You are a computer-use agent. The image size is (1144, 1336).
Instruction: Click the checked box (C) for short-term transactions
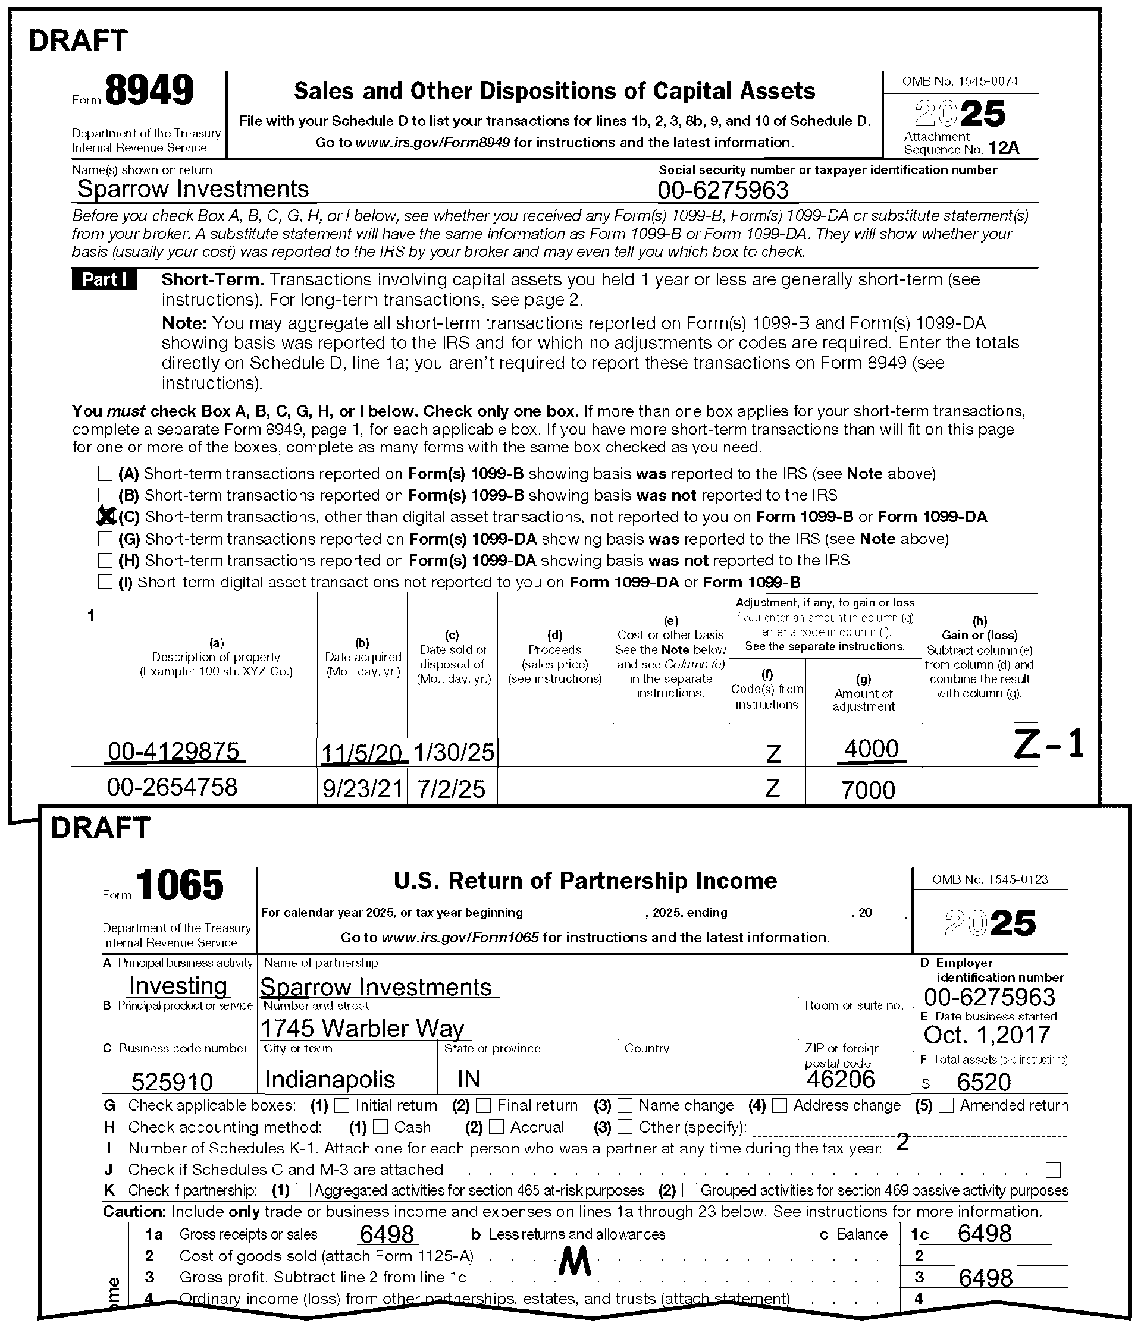[105, 517]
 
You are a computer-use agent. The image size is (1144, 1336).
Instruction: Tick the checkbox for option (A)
[105, 474]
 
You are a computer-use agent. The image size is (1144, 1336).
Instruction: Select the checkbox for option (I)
[105, 582]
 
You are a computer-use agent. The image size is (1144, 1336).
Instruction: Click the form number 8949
[149, 91]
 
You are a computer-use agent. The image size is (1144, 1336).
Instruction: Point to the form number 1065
[180, 885]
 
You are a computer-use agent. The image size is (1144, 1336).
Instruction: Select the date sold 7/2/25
[451, 789]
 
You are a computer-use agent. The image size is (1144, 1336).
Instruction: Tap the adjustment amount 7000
[869, 790]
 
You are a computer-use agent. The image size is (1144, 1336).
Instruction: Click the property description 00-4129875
[174, 751]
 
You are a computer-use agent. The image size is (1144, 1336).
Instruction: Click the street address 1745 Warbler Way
[362, 1028]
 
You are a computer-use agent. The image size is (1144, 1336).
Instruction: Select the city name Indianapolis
[330, 1079]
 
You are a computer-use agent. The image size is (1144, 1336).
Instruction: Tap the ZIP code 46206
[841, 1079]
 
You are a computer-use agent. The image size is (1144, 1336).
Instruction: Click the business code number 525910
[173, 1081]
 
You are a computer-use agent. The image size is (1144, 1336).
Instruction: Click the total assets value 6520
[983, 1082]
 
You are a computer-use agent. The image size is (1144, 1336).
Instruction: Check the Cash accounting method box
[381, 1127]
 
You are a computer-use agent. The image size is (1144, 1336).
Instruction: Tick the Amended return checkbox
[946, 1105]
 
